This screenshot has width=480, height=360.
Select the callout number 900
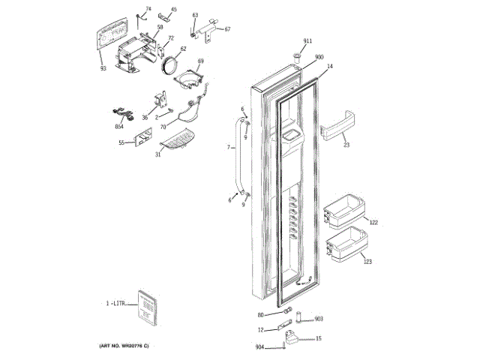click(319, 58)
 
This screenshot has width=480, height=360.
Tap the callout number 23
click(346, 145)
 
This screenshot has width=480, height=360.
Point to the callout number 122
click(373, 223)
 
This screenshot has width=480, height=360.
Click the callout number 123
click(367, 261)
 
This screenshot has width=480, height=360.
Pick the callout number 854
click(119, 127)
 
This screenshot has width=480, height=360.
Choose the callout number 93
click(103, 68)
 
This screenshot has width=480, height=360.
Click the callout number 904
click(259, 346)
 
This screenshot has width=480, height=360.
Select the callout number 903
click(318, 319)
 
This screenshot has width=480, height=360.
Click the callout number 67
click(228, 29)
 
